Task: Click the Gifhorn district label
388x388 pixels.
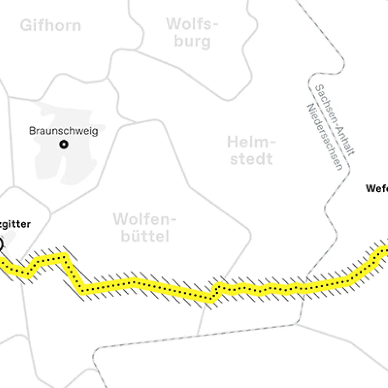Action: [x=50, y=26]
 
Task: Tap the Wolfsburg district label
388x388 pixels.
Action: [x=192, y=33]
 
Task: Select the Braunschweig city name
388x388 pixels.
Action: [x=63, y=131]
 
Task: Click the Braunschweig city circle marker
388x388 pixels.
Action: [x=63, y=144]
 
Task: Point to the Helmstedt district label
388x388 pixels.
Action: [x=252, y=151]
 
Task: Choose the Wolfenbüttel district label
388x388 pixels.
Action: [x=145, y=228]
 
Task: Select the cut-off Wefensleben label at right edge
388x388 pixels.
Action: [x=377, y=188]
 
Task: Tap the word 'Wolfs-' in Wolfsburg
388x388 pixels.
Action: [x=192, y=24]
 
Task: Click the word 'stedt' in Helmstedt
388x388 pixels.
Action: [x=252, y=159]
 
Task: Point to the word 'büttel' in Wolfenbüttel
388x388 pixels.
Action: [x=145, y=236]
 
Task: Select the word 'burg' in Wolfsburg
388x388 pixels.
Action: [x=192, y=41]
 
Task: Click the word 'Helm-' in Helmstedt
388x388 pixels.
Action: [x=252, y=142]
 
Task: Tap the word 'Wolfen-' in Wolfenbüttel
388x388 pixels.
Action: [x=145, y=219]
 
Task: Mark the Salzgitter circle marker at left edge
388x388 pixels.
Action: [x=1, y=245]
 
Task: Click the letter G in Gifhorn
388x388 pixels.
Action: [x=25, y=26]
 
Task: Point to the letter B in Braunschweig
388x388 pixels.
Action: [x=32, y=131]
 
